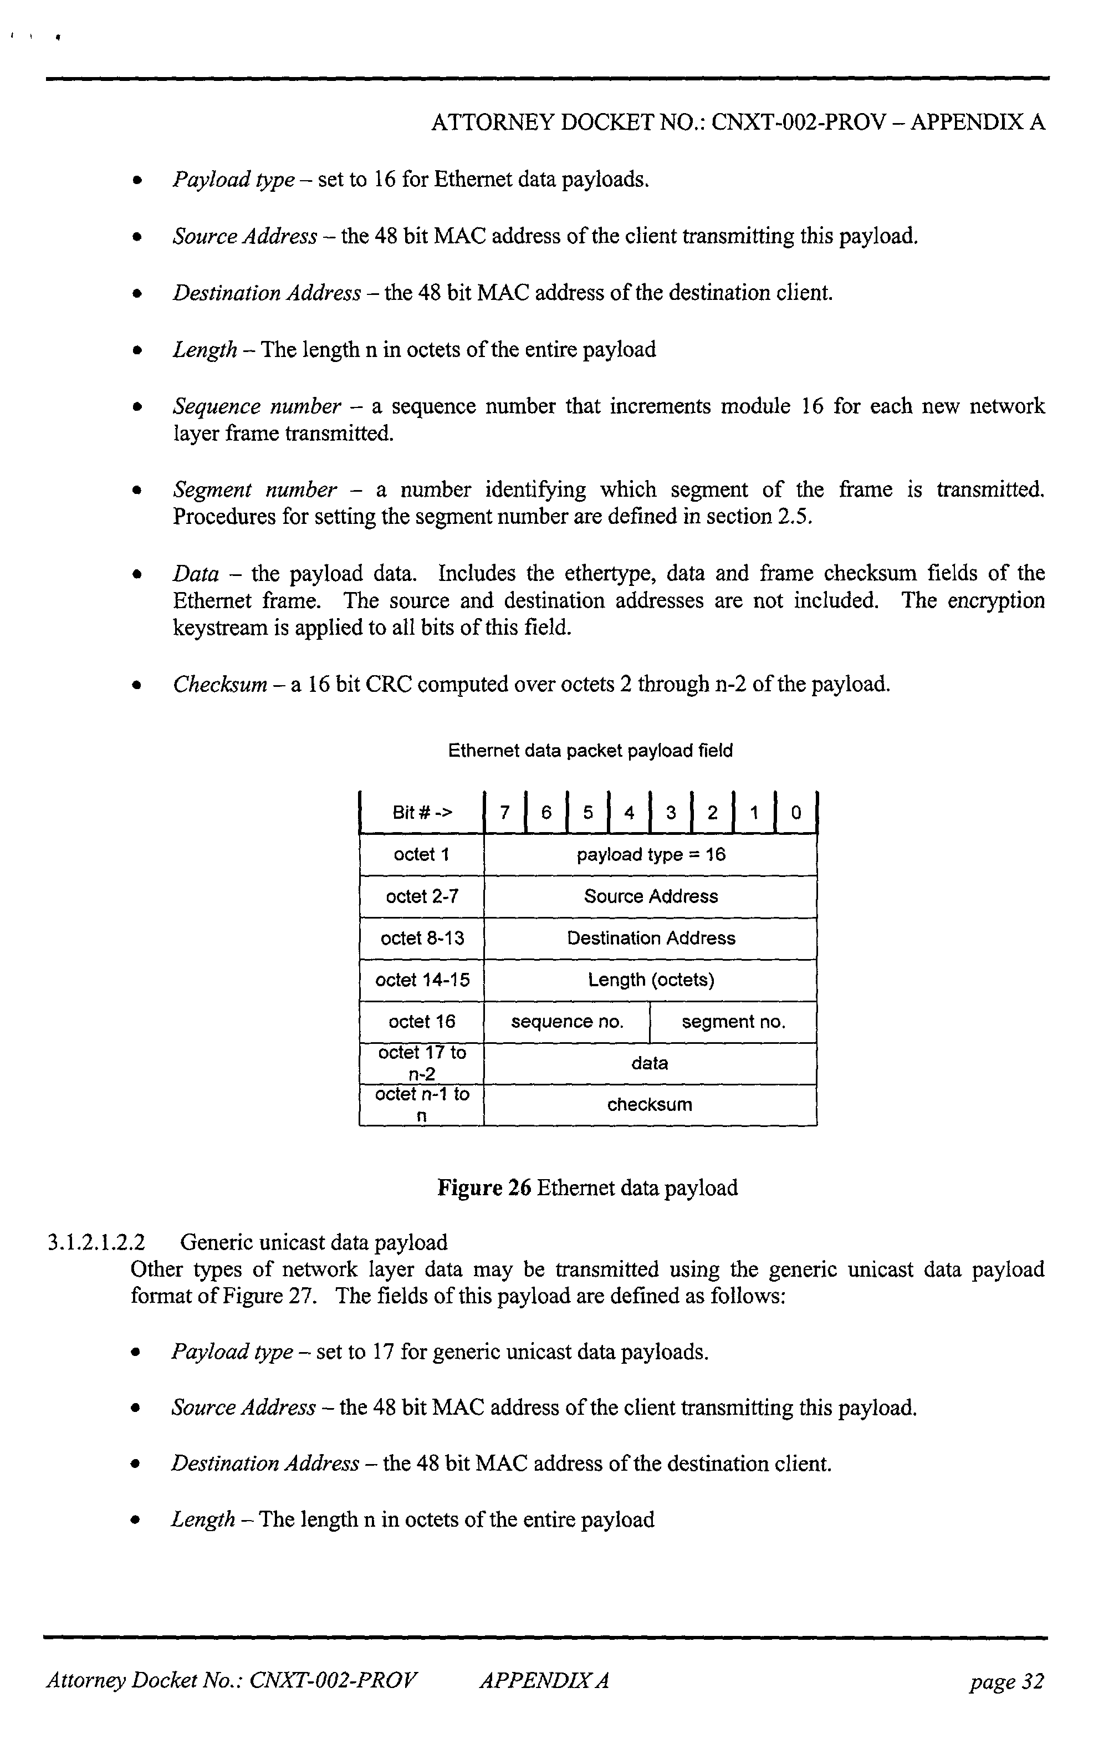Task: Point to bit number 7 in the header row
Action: coord(504,812)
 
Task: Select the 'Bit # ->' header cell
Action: coord(422,812)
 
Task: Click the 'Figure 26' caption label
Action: coord(483,1188)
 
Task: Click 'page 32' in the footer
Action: coord(1006,1681)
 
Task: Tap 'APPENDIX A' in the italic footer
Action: coord(544,1681)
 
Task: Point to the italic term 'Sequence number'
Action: coord(256,406)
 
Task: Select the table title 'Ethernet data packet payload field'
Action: coord(590,751)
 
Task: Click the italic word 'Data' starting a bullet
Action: coord(195,574)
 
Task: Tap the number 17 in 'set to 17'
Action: coord(383,1352)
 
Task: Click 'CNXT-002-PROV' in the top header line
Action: coord(798,121)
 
